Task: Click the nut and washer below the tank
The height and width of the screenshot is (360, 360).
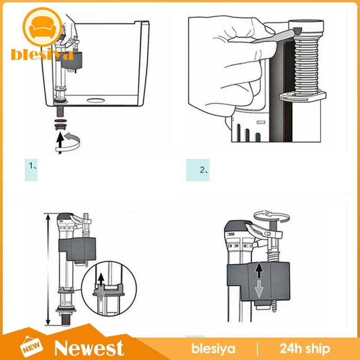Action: (58, 123)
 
